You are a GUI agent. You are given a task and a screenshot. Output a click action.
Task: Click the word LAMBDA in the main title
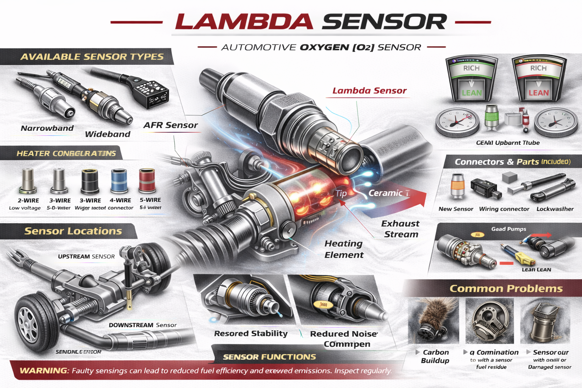click(x=244, y=22)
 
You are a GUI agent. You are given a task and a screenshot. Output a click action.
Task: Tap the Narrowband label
click(x=47, y=128)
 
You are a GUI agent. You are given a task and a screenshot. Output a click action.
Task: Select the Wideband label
click(x=108, y=134)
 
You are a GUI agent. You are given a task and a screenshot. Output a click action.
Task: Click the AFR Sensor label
click(x=171, y=125)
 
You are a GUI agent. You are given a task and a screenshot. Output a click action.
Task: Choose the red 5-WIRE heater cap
click(x=147, y=181)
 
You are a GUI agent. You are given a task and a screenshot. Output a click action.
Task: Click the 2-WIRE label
click(x=28, y=200)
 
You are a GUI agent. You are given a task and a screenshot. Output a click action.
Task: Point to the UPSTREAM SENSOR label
click(x=86, y=257)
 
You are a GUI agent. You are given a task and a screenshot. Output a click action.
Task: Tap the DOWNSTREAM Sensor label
click(x=142, y=325)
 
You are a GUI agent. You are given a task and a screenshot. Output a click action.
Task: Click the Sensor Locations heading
click(x=73, y=231)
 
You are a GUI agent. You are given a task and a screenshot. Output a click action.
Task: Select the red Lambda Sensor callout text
click(x=369, y=91)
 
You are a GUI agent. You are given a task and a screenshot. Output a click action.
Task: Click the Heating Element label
click(x=344, y=249)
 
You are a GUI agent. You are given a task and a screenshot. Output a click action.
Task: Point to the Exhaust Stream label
click(x=401, y=229)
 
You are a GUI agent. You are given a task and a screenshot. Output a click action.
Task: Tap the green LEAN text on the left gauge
click(x=472, y=93)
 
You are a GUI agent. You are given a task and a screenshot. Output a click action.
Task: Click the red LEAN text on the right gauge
click(x=538, y=93)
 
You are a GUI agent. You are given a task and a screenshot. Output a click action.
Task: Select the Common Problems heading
click(x=506, y=289)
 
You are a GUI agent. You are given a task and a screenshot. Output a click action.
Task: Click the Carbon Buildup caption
click(x=435, y=357)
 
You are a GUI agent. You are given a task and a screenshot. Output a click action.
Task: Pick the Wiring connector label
click(x=504, y=209)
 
